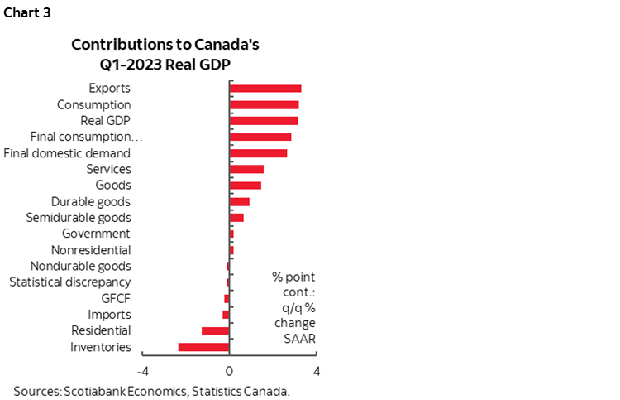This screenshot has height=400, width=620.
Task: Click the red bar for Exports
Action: tap(265, 89)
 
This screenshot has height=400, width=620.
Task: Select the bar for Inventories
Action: tap(203, 347)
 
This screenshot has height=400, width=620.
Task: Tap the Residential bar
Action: tap(215, 330)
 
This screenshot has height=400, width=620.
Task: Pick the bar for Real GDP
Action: tap(263, 121)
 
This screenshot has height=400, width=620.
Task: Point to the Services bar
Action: tap(246, 169)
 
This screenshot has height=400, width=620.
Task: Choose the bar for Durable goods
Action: tap(239, 201)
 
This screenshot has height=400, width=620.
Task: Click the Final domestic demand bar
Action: tap(258, 153)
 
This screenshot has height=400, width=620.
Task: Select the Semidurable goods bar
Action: tap(236, 218)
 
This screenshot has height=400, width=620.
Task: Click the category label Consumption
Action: tap(93, 105)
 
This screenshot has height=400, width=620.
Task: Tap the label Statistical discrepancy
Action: tap(69, 282)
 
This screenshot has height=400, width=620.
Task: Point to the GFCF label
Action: tap(115, 298)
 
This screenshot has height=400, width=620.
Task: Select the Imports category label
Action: tap(109, 315)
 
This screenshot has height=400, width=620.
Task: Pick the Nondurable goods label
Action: tap(80, 266)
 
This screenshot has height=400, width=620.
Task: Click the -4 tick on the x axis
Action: tap(141, 370)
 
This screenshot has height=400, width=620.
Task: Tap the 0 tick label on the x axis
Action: tap(229, 370)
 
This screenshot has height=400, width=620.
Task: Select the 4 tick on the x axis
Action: tap(316, 370)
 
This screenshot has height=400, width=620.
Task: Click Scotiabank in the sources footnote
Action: tap(93, 390)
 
